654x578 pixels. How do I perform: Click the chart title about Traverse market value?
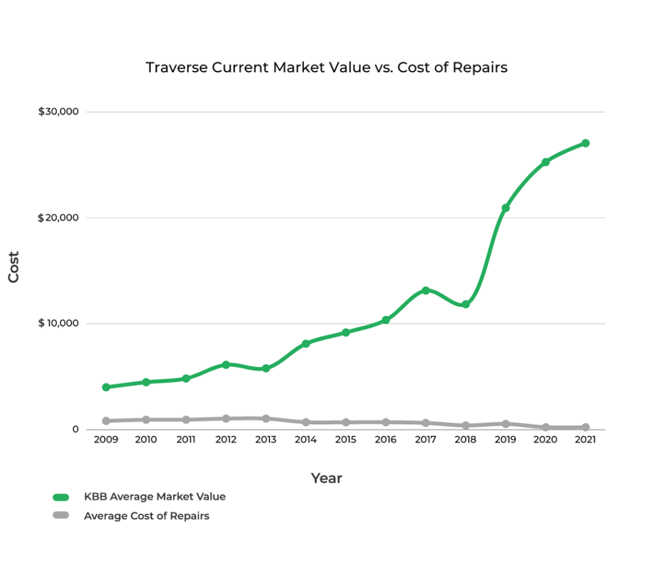click(x=326, y=68)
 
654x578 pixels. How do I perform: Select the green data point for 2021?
click(x=585, y=143)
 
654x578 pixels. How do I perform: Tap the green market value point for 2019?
click(x=505, y=208)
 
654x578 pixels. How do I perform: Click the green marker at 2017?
click(x=425, y=291)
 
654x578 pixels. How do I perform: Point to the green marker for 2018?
click(x=466, y=304)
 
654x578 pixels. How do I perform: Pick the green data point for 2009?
click(x=106, y=387)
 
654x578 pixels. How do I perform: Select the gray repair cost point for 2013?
click(x=266, y=418)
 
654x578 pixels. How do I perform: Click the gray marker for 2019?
click(x=505, y=423)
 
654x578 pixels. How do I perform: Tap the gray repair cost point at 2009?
click(x=106, y=421)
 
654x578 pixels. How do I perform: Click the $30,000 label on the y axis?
click(x=58, y=112)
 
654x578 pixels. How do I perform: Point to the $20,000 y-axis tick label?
click(x=58, y=218)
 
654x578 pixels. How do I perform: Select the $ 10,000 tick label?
click(x=58, y=323)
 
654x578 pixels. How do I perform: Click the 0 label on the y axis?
click(x=75, y=429)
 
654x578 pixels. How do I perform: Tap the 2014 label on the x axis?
click(x=305, y=440)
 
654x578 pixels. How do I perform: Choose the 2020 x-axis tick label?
click(x=545, y=440)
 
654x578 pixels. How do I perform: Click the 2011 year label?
click(x=186, y=440)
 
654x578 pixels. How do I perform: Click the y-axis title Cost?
click(x=13, y=267)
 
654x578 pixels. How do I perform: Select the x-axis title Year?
click(x=326, y=478)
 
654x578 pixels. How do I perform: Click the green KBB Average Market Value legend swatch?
click(x=61, y=497)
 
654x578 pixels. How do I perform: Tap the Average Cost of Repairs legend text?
click(x=146, y=516)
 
